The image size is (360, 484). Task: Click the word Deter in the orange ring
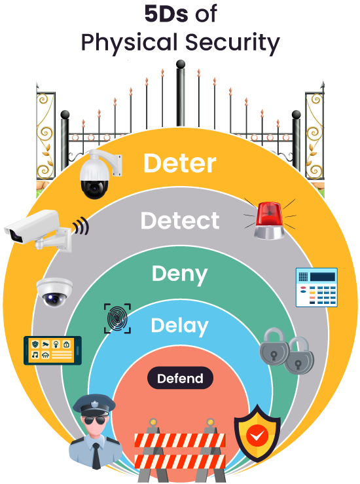[x=179, y=164]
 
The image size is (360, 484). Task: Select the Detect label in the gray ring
[x=180, y=221]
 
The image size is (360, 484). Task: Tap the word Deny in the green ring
[x=179, y=273]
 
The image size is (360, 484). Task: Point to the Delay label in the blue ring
[x=179, y=326]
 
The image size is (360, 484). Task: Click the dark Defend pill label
[x=180, y=379]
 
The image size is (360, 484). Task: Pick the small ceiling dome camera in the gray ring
[x=54, y=292]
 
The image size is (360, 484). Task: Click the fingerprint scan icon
[x=118, y=318]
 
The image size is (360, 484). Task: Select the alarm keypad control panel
[x=316, y=287]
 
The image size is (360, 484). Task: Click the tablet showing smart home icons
[x=52, y=351]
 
